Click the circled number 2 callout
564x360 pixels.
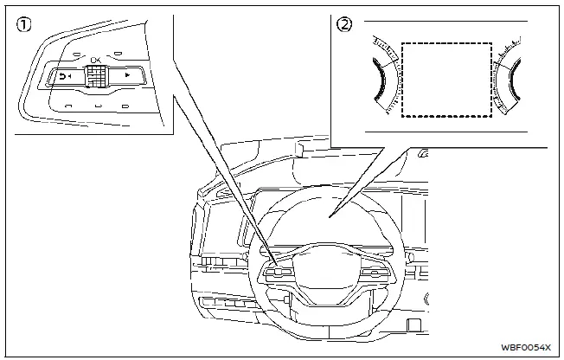coord(345,25)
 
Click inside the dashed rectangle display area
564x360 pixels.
coord(446,80)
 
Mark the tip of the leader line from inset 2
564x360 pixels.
coord(333,214)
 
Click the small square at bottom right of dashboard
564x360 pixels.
coord(414,326)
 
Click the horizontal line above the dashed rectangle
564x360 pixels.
coord(433,21)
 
